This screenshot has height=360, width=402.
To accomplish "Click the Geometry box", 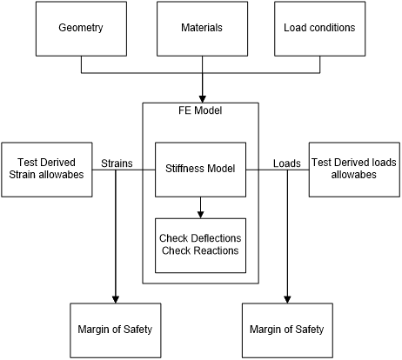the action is [81, 29].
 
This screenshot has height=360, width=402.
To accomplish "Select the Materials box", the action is [202, 29].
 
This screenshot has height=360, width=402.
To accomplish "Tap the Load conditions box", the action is [320, 29].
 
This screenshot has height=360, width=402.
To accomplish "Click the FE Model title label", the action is [200, 110].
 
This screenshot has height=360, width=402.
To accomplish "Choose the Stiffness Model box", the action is [200, 170].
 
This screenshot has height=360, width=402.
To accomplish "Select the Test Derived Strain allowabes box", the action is [47, 170].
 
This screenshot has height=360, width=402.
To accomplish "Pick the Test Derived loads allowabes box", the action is [354, 170].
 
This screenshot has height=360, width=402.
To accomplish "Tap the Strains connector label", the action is [117, 163].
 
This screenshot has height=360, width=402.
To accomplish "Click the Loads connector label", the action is [287, 163].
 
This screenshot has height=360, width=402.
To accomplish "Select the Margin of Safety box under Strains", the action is [116, 330].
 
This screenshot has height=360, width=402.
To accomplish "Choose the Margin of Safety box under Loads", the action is [287, 330].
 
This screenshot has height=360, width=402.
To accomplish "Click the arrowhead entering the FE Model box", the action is [202, 99].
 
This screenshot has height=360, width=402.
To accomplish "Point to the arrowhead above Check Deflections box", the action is [200, 215].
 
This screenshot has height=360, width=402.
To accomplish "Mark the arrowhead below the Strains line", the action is [116, 299].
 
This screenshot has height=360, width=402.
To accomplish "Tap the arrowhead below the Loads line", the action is [287, 299].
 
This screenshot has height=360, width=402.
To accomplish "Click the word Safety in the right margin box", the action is [310, 330].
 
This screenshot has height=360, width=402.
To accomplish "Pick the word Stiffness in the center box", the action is [183, 169].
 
